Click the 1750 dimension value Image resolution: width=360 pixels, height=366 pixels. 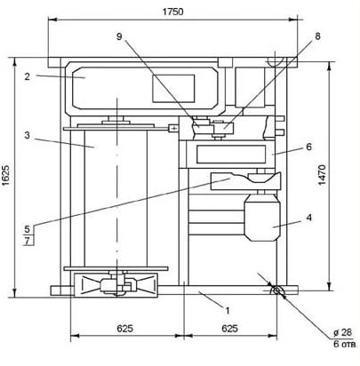coord(173,12)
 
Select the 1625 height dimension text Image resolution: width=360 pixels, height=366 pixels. coord(6,176)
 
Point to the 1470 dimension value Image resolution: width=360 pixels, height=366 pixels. coord(322,175)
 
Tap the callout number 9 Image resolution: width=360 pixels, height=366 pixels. coord(119,36)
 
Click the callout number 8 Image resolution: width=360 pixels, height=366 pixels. coord(317,36)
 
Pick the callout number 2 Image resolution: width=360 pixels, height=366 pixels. coord(28,76)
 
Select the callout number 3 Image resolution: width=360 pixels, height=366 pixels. coord(28,136)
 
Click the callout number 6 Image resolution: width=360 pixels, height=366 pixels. coord(309,147)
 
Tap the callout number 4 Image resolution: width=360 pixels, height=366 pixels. coord(309,218)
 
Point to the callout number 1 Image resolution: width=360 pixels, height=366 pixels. coord(228,311)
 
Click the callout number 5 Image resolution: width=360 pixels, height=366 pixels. coord(28,229)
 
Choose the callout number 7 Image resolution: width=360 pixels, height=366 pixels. coord(28,241)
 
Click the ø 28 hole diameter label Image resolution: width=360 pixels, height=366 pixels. coord(342,332)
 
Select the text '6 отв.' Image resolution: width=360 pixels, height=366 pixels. coord(346,344)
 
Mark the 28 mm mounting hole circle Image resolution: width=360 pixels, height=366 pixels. coord(276,290)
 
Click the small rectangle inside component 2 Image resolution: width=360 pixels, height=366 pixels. coord(173,89)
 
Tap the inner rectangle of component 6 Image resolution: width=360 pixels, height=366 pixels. coord(231,155)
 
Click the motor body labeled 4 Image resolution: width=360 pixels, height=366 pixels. coord(262,218)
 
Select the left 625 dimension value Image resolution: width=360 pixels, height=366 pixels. coord(124,329)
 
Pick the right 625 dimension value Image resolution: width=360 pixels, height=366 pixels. coord(229,329)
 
